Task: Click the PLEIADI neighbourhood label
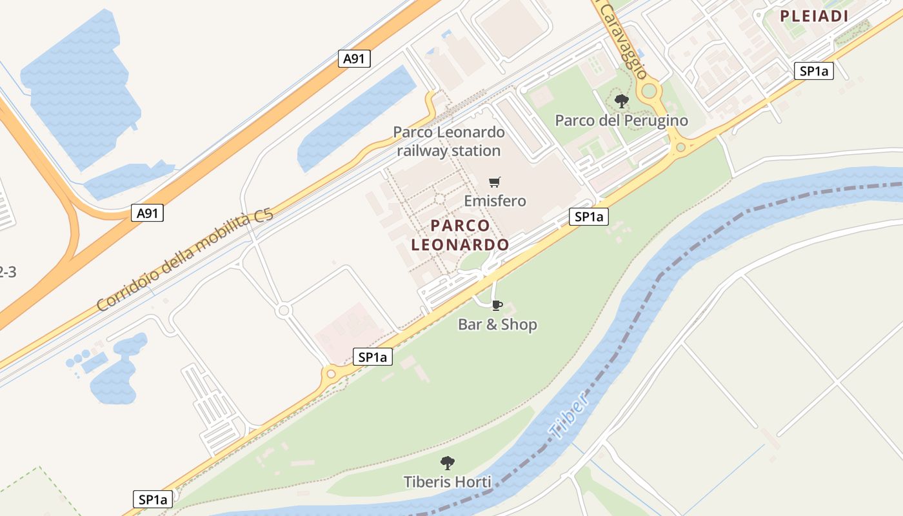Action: tap(814, 17)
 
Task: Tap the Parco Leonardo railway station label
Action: tap(449, 141)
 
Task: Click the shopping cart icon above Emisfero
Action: tap(495, 182)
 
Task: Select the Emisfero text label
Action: tap(495, 201)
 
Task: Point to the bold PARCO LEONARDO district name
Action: tap(460, 235)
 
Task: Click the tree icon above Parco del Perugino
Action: tap(621, 101)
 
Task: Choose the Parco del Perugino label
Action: tap(621, 121)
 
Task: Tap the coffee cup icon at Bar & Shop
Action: tap(497, 305)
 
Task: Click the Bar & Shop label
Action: tap(497, 324)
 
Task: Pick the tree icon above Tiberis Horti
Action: tap(447, 462)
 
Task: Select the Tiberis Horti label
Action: tap(447, 482)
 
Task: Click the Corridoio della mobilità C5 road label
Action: tap(185, 260)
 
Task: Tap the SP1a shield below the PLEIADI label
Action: tap(813, 71)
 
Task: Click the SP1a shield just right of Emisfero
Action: tap(588, 217)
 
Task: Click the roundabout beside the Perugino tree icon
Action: tap(648, 90)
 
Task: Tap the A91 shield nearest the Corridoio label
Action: tap(147, 213)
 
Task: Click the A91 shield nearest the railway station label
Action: tap(354, 59)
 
